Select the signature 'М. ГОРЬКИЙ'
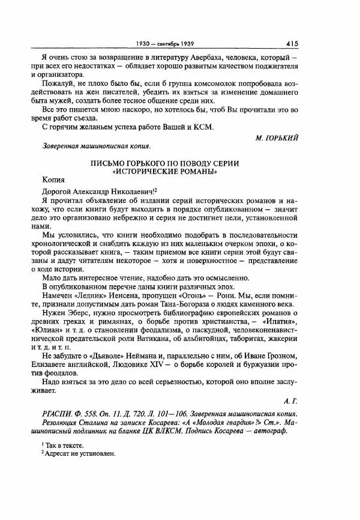[x=277, y=138]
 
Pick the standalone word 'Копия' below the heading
[x=53, y=179]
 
